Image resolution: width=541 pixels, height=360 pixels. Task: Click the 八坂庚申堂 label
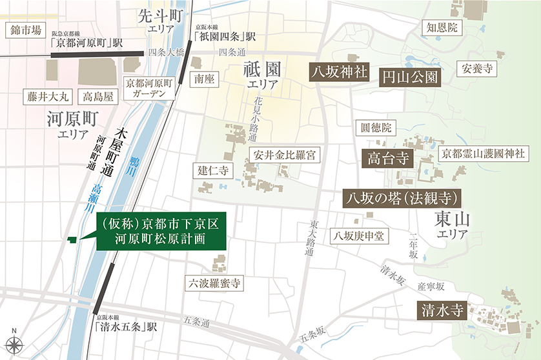point(358,236)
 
